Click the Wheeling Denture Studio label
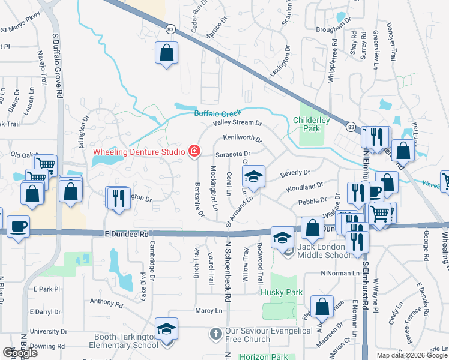point(138,152)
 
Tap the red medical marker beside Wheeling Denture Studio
point(194,152)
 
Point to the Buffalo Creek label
point(217,113)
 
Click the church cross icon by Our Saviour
point(216,332)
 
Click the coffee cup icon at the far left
point(18,227)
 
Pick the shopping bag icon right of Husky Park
point(322,306)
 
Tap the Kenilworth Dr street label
point(242,140)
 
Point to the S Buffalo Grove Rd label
point(58,66)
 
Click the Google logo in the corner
point(20,353)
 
